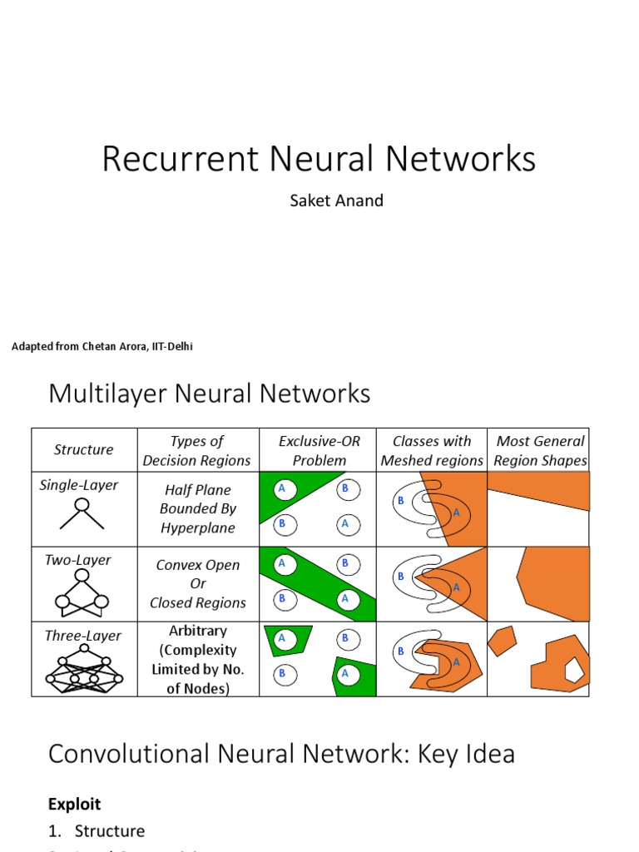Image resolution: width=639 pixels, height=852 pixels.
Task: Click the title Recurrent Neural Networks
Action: point(319,159)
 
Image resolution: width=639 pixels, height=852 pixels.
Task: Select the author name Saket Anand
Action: point(336,201)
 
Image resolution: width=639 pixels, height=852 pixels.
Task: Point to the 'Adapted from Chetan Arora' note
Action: point(102,346)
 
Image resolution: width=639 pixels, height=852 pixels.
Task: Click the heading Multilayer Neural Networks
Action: point(209,393)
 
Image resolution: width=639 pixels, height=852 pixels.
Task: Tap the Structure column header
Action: point(83,450)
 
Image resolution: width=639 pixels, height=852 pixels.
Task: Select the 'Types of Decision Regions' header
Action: point(197,450)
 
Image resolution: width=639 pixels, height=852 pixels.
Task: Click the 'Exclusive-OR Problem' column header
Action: point(319,450)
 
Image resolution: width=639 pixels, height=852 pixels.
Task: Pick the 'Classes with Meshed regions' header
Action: point(431,450)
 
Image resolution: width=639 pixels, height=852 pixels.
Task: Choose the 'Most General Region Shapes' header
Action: point(540,450)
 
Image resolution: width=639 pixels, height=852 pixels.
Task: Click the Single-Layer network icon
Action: point(82,513)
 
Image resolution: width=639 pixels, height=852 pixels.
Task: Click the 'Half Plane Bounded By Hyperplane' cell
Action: point(197,508)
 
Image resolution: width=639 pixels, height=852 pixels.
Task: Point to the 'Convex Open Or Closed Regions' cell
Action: point(197,583)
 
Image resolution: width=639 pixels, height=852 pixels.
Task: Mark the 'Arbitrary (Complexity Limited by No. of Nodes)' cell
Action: point(197,659)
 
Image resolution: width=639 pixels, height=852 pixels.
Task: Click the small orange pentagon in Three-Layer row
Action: point(502,641)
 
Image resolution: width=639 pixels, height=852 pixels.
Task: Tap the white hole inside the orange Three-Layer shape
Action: point(574,668)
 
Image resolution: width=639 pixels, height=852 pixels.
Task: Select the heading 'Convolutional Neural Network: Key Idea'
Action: point(281,754)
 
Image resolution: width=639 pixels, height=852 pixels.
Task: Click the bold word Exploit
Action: point(74,804)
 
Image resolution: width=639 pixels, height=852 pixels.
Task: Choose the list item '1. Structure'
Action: point(97,830)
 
